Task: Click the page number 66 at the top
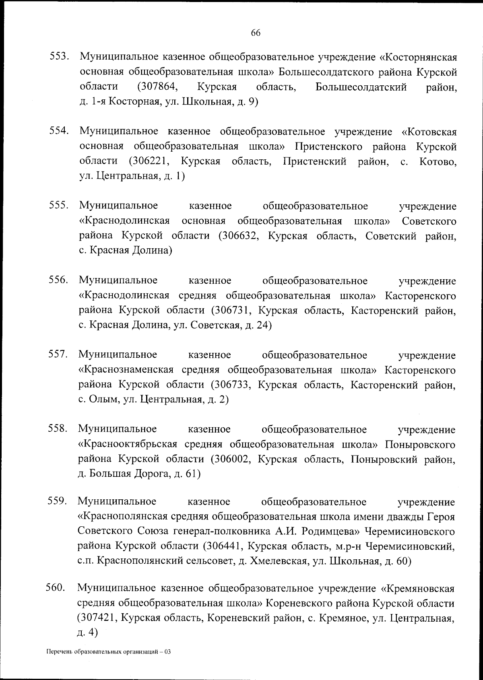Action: click(x=256, y=33)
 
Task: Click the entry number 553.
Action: click(x=60, y=56)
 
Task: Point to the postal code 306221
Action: click(x=150, y=161)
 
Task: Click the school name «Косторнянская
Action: click(x=418, y=57)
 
